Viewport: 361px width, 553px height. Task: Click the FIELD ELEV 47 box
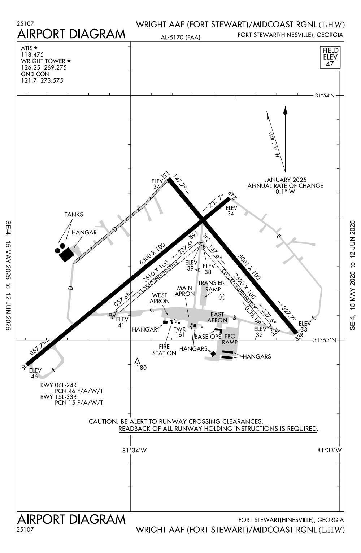[330, 57]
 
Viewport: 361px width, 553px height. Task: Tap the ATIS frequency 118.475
[32, 54]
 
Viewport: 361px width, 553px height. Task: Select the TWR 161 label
[180, 332]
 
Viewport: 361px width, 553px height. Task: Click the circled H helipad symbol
[222, 297]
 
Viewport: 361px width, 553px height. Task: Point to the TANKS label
[74, 215]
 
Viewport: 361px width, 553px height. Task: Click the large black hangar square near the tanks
[66, 254]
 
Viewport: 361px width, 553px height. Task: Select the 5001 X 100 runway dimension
[249, 267]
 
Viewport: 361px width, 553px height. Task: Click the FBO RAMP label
[230, 339]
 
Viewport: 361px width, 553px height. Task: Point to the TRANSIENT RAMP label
[213, 286]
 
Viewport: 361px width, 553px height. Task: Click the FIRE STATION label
[164, 350]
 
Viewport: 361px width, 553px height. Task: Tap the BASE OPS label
[208, 337]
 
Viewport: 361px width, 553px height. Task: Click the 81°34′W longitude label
[135, 450]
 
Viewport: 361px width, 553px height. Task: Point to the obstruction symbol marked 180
[137, 361]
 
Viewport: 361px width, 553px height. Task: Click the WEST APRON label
[160, 298]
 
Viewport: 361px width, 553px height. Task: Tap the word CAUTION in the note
[102, 421]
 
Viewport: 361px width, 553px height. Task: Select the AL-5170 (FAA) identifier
[181, 37]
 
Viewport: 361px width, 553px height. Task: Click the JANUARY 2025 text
[285, 180]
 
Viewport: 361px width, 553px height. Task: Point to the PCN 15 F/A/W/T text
[79, 403]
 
